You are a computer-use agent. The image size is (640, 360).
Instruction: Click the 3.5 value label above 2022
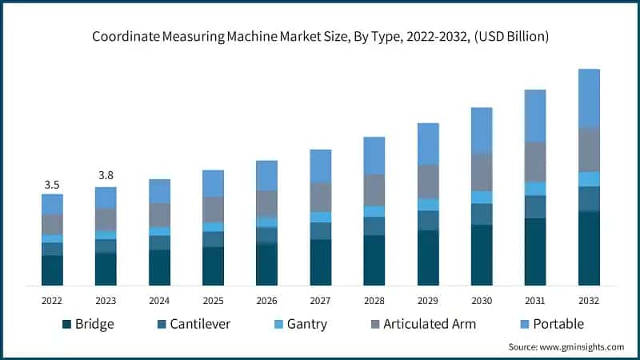click(x=52, y=185)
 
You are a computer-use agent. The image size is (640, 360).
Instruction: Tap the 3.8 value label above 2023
click(x=106, y=175)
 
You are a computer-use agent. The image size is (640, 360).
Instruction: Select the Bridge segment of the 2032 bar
click(x=589, y=248)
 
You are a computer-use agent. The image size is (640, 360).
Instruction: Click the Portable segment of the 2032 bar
click(x=589, y=98)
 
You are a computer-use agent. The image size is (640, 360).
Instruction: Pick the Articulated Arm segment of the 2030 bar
click(x=482, y=171)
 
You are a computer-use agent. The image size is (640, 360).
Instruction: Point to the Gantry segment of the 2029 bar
click(x=428, y=204)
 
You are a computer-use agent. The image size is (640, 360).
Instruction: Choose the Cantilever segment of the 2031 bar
click(x=535, y=206)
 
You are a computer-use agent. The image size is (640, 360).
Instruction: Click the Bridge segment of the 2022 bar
click(x=52, y=270)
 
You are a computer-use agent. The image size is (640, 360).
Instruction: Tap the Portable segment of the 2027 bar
click(x=321, y=166)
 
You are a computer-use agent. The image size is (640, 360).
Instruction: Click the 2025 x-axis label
click(x=213, y=300)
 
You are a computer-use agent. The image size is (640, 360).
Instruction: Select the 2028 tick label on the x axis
click(x=374, y=300)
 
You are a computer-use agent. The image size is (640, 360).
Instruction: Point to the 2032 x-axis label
click(x=589, y=300)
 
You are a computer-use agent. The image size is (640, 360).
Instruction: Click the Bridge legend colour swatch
click(x=66, y=324)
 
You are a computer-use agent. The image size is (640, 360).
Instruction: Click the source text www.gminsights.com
click(x=586, y=346)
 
